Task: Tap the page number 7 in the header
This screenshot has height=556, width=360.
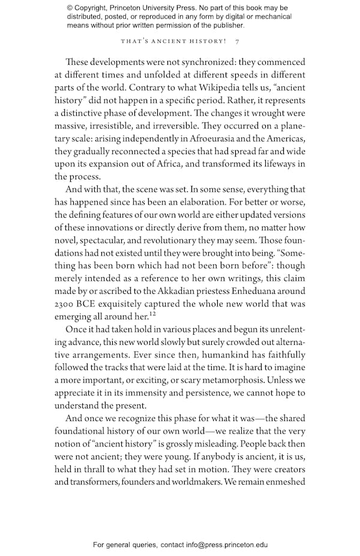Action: point(238,41)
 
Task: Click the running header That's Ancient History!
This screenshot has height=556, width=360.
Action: point(173,41)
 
